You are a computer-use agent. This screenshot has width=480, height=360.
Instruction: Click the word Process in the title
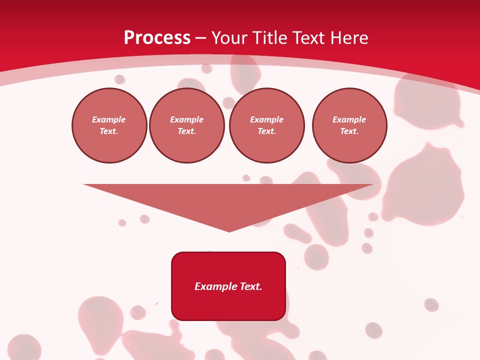(157, 38)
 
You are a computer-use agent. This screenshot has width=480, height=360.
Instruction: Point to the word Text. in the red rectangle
(250, 286)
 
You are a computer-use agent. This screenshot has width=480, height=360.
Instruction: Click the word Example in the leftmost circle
(109, 119)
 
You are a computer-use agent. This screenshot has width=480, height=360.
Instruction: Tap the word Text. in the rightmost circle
(349, 131)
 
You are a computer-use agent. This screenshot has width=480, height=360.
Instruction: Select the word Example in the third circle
(266, 119)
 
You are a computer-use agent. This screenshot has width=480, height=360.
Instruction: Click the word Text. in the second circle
(186, 131)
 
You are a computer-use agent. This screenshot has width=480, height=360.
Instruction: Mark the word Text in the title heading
(310, 38)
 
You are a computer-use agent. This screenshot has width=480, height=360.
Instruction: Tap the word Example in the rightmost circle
(349, 119)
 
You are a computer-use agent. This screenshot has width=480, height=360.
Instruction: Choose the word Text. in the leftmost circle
(109, 131)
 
